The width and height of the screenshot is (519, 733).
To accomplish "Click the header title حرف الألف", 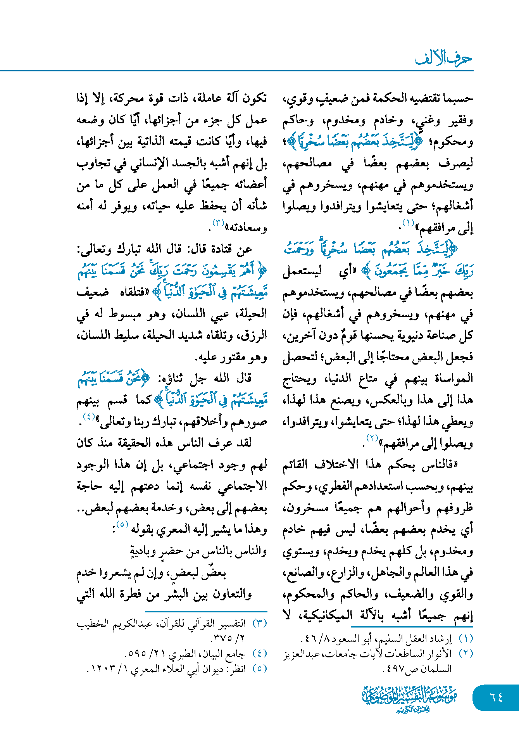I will click(x=443, y=59).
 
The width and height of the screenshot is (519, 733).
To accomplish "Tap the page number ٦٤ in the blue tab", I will click(x=497, y=697).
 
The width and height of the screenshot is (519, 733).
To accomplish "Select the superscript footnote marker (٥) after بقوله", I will click(x=122, y=524).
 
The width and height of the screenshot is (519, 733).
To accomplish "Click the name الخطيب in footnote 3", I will click(x=91, y=624).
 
